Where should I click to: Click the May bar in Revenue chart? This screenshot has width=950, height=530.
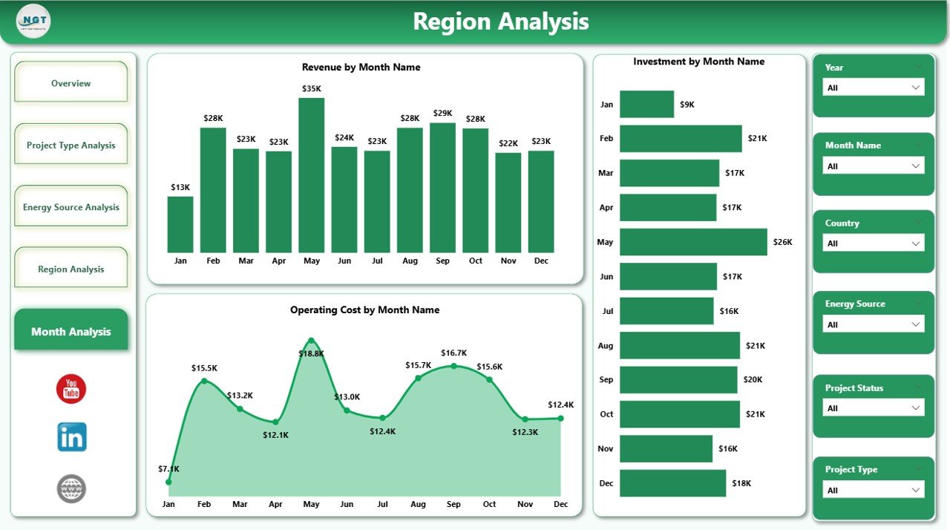311,175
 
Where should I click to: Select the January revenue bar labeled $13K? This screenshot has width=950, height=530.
180,224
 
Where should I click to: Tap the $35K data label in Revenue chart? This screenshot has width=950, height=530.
312,88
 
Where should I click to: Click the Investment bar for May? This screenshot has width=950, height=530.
693,242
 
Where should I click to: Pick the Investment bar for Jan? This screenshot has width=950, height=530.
646,104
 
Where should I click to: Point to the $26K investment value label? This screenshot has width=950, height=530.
782,242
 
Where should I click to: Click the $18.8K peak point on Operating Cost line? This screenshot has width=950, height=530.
311,341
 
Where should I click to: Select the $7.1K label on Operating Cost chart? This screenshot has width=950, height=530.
168,468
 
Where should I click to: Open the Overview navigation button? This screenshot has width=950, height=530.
71,83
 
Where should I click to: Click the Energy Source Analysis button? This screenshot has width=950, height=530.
71,207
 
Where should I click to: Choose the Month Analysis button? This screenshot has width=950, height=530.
71,331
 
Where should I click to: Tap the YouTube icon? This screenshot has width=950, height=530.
71,389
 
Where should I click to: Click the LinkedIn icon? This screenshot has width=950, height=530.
71,437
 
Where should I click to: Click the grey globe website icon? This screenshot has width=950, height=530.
71,488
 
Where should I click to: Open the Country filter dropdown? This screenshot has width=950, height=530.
874,243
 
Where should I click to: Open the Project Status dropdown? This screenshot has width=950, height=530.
874,408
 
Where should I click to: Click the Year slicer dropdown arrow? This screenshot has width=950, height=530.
915,88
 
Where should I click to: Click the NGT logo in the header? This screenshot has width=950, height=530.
33,22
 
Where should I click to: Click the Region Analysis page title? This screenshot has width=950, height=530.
500,22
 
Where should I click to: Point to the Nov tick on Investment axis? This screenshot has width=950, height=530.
606,448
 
